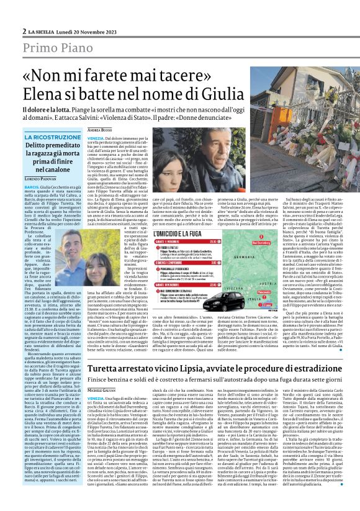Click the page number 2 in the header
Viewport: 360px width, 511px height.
24,13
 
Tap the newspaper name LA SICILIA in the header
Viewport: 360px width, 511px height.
44,13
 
